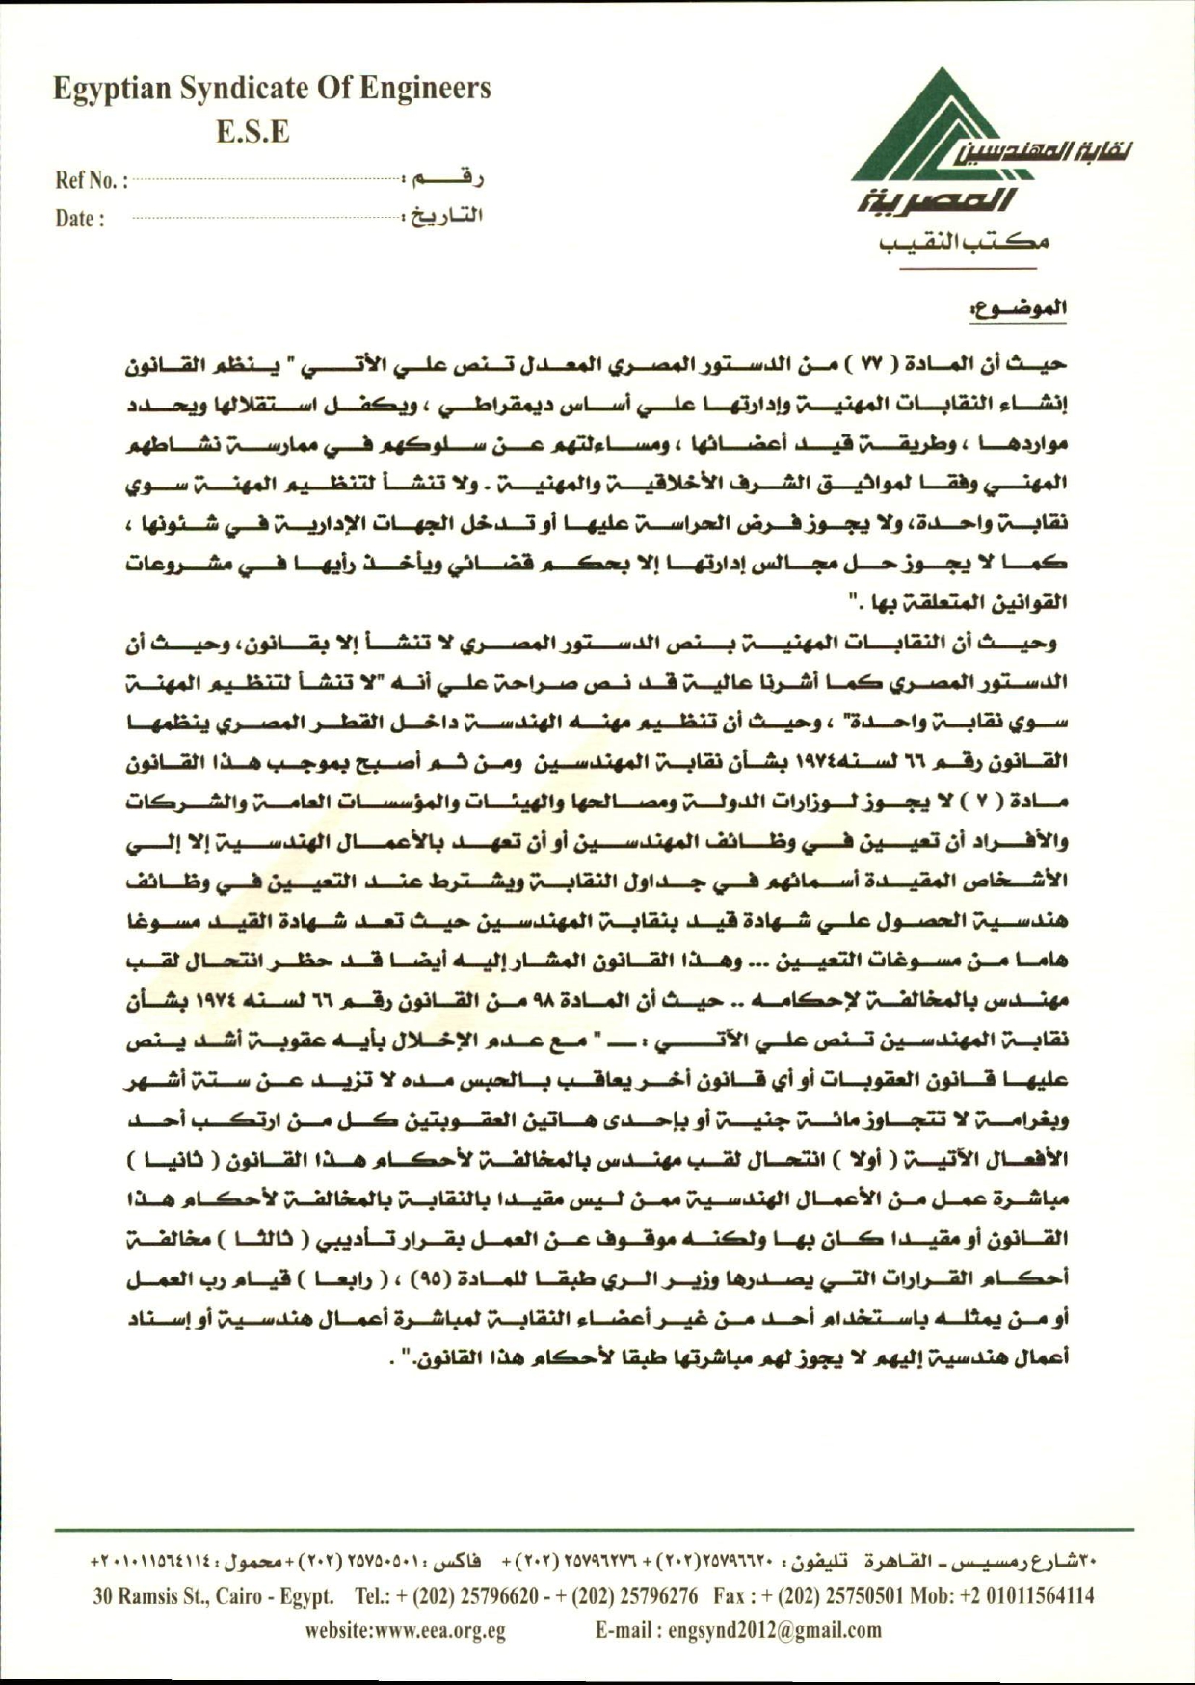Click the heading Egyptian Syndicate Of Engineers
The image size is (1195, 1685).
pyautogui.click(x=272, y=89)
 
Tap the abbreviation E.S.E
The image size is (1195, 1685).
pyautogui.click(x=252, y=132)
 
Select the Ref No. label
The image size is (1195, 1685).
pyautogui.click(x=91, y=180)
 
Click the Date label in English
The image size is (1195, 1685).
pyautogui.click(x=79, y=219)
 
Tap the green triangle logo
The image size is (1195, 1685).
pyautogui.click(x=925, y=130)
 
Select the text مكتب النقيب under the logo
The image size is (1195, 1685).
pyautogui.click(x=965, y=242)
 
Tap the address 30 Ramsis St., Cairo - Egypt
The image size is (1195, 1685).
pyautogui.click(x=213, y=1596)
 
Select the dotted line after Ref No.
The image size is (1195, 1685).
pyautogui.click(x=267, y=179)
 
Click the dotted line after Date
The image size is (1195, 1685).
pyautogui.click(x=267, y=218)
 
